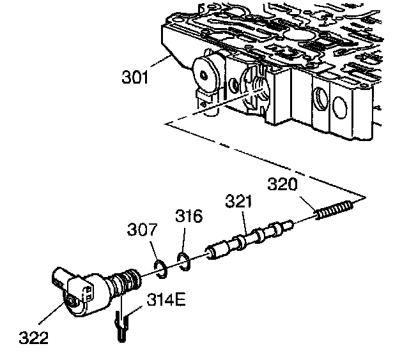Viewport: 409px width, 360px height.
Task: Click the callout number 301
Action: pos(135,79)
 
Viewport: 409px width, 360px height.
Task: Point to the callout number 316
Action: pos(189,216)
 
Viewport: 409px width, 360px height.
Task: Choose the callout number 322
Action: pos(34,337)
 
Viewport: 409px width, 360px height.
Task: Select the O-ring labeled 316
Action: pos(183,260)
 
